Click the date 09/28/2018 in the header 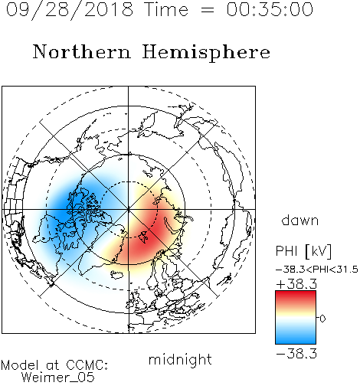pos(70,10)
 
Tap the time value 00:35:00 pos(270,9)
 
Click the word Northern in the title pos(82,51)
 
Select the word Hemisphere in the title pos(206,53)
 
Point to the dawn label pos(300,220)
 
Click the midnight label pos(180,360)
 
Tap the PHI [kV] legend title pos(303,251)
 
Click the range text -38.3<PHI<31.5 pos(317,270)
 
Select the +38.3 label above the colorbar pos(296,284)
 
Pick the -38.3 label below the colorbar pos(296,354)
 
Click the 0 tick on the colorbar pos(322,319)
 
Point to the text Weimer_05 pos(58,377)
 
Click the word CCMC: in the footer pos(87,364)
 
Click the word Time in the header pos(166,10)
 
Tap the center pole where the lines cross pos(129,209)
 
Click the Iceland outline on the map pos(116,275)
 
